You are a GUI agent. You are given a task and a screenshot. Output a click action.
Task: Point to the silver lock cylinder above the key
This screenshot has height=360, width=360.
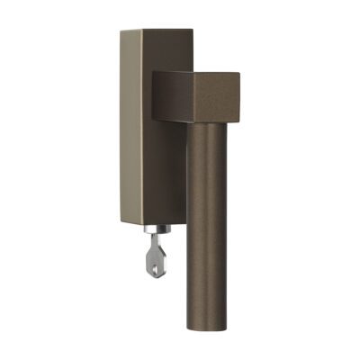(148, 240)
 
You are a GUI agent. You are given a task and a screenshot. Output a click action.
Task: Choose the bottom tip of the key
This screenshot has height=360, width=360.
(158, 277)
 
